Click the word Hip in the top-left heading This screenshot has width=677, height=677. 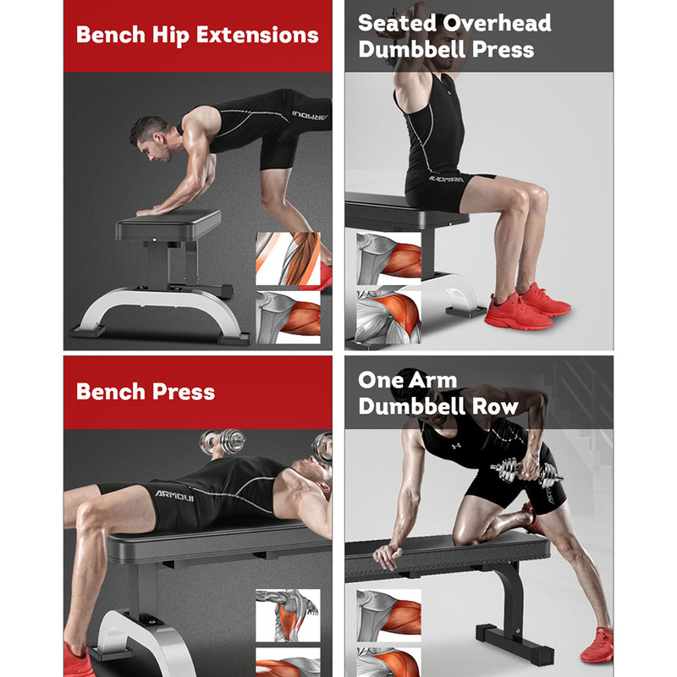coord(171,36)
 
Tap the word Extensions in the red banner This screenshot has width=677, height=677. coord(257,35)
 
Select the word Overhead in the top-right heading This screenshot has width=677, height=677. coord(498,23)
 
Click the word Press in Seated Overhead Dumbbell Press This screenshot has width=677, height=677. coord(503,49)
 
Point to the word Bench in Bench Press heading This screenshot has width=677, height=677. coord(111,392)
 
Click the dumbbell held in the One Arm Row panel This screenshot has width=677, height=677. coord(526,471)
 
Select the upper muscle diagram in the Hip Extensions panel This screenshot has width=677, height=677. coord(288,259)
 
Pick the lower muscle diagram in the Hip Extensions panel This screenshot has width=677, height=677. coord(288,317)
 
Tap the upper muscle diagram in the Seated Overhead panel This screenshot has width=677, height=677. coord(388,259)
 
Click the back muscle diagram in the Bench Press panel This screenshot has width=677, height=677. coord(288,615)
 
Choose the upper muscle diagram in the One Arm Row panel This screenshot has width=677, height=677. coord(388,615)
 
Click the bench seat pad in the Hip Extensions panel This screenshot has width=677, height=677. coord(168,224)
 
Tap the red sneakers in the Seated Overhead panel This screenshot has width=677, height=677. coord(527,305)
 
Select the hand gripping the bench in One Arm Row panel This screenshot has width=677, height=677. coord(388,556)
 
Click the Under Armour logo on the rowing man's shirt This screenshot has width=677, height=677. coord(456,446)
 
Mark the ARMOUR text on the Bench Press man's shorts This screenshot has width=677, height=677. coord(174,496)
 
